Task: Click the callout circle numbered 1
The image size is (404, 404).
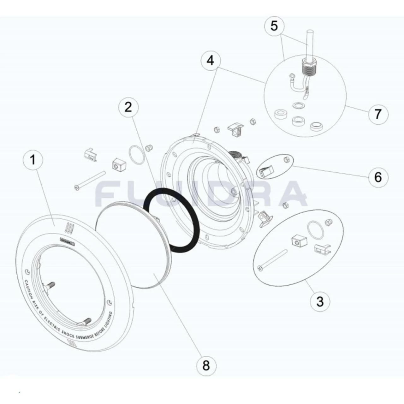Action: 33,160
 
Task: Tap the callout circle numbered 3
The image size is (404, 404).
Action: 319,301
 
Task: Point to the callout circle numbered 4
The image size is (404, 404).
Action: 210,60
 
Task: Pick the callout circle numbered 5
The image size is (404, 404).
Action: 274,26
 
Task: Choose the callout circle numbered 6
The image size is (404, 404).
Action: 378,177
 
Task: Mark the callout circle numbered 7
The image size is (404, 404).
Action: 378,114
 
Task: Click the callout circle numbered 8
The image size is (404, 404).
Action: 206,365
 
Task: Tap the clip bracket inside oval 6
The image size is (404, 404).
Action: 265,171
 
